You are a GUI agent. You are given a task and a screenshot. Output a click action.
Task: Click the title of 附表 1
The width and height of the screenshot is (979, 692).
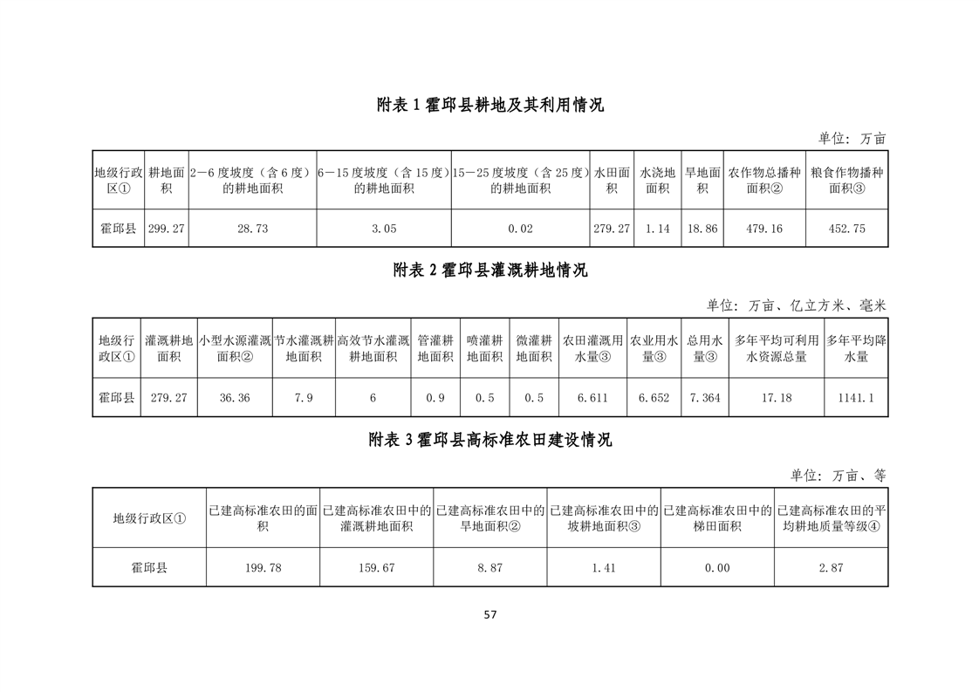pyautogui.click(x=489, y=105)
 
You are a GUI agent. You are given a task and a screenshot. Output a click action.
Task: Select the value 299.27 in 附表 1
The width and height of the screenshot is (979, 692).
pyautogui.click(x=166, y=229)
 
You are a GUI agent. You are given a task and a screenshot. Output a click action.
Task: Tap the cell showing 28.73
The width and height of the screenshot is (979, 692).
pyautogui.click(x=252, y=229)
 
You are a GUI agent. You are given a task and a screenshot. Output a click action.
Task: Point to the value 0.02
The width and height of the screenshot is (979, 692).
pyautogui.click(x=520, y=229)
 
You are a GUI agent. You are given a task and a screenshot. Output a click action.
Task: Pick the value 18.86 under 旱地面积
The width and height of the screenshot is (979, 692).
pyautogui.click(x=702, y=229)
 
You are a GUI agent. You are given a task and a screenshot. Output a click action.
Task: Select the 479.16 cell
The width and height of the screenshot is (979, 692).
pyautogui.click(x=764, y=229)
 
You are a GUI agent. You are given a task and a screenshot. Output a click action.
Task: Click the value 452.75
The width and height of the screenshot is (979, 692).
pyautogui.click(x=846, y=229)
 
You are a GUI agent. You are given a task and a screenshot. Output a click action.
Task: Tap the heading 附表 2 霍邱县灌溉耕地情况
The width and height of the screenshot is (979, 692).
pyautogui.click(x=489, y=271)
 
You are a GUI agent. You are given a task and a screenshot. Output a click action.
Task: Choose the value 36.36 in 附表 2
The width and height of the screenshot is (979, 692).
pyautogui.click(x=235, y=398)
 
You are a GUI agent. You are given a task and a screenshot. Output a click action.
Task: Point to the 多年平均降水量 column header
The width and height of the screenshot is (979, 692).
pyautogui.click(x=856, y=348)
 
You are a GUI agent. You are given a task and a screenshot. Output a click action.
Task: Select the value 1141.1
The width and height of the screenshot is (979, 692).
pyautogui.click(x=856, y=398)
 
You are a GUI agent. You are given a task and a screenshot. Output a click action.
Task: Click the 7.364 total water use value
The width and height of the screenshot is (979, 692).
pyautogui.click(x=705, y=398)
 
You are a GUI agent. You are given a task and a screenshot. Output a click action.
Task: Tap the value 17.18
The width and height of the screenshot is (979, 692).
pyautogui.click(x=776, y=398)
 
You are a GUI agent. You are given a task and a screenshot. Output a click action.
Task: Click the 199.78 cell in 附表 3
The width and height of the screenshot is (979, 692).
pyautogui.click(x=263, y=568)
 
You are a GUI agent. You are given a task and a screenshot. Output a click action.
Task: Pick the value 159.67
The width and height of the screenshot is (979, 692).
pyautogui.click(x=376, y=568)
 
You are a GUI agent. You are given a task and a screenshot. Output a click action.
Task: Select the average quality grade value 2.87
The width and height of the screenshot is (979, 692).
pyautogui.click(x=831, y=568)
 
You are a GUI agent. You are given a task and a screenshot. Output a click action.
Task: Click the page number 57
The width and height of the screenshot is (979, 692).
pyautogui.click(x=489, y=614)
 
